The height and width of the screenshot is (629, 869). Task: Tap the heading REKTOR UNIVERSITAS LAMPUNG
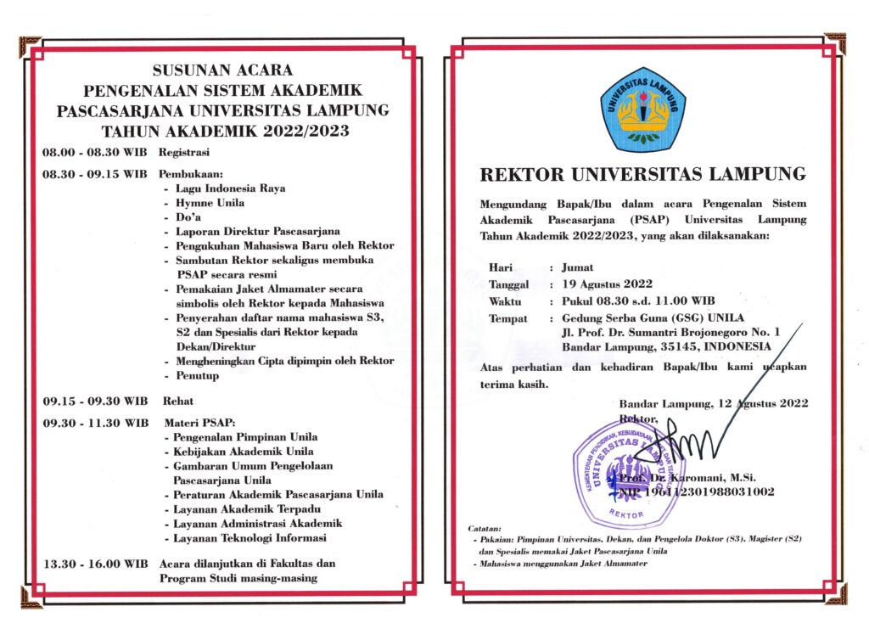point(642,175)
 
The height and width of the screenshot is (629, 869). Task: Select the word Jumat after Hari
point(578,267)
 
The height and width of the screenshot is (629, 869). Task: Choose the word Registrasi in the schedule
point(184,152)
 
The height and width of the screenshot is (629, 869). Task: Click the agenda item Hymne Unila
point(210,203)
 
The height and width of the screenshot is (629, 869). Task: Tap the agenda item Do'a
point(188,217)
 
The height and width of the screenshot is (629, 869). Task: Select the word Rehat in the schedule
point(176,401)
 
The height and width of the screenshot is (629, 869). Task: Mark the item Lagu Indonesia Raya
point(230,188)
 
